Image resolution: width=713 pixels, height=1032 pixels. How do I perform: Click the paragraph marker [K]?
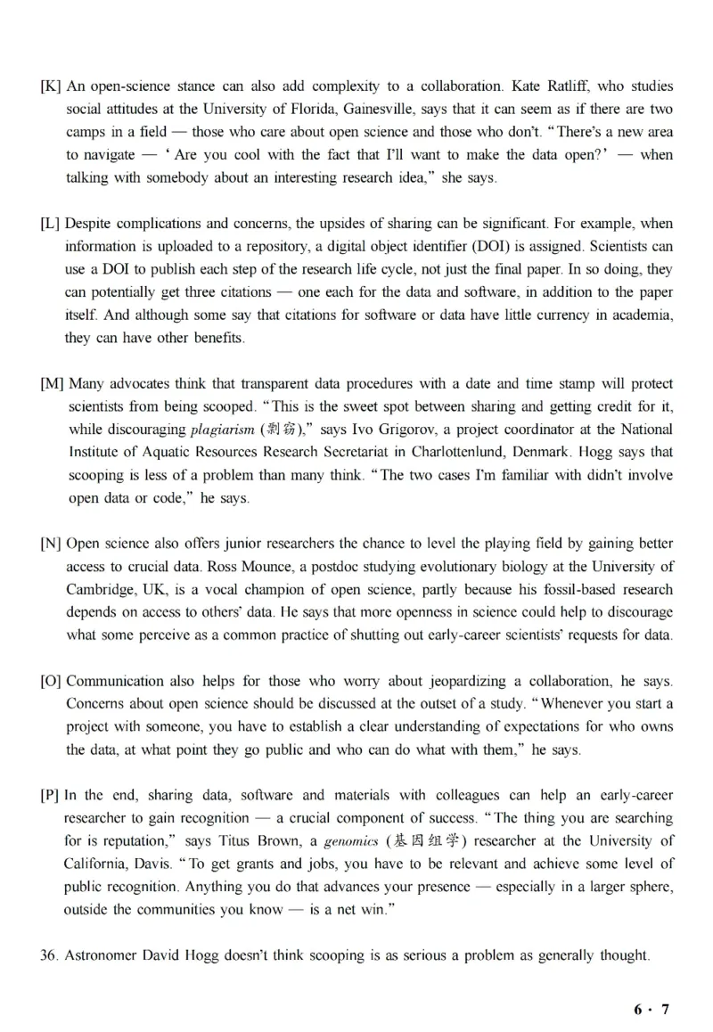pyautogui.click(x=50, y=86)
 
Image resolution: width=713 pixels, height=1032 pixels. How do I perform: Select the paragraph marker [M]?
pyautogui.click(x=52, y=384)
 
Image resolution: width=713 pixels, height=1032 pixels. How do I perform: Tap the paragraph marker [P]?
pyautogui.click(x=50, y=795)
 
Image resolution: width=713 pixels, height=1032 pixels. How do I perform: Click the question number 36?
pyautogui.click(x=49, y=955)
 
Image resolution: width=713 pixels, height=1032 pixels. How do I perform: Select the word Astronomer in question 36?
pyautogui.click(x=104, y=955)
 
